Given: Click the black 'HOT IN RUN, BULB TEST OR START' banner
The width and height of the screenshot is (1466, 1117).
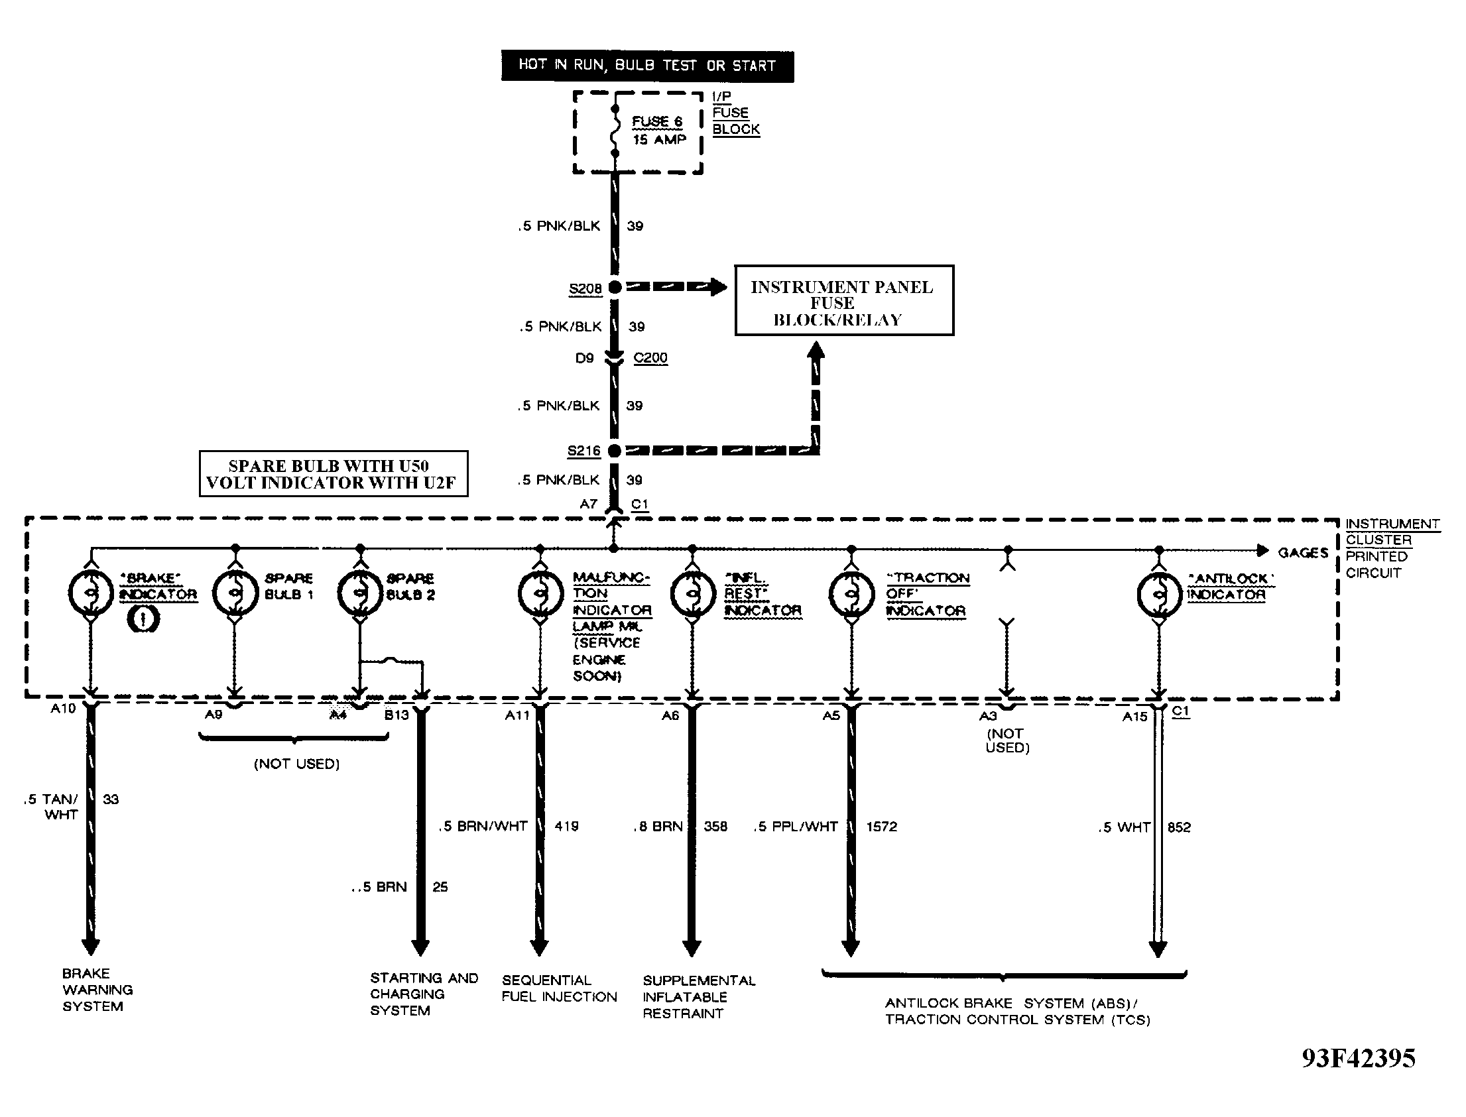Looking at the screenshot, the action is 648,66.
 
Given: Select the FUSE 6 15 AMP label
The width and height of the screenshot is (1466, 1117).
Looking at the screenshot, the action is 658,131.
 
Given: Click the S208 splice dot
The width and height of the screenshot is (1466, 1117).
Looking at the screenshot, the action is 615,287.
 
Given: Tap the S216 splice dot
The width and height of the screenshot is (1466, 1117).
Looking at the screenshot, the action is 615,450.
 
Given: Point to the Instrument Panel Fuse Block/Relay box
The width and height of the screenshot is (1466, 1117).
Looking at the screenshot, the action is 843,300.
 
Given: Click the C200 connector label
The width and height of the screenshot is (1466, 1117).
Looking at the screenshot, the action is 650,358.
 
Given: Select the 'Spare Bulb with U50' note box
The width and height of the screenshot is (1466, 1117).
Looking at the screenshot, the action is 333,474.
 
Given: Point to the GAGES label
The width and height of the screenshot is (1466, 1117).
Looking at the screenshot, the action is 1303,552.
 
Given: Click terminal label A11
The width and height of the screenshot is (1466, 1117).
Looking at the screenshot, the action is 517,715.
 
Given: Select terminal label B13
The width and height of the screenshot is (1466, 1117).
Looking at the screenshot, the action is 397,715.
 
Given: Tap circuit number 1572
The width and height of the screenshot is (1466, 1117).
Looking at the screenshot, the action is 882,827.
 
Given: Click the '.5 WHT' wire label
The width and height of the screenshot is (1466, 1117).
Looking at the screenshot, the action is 1125,827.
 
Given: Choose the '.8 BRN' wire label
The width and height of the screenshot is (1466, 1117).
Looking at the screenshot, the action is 658,827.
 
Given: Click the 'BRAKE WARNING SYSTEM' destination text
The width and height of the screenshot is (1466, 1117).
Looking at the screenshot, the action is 97,990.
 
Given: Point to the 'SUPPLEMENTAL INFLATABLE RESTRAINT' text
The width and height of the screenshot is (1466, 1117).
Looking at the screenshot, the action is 699,997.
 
